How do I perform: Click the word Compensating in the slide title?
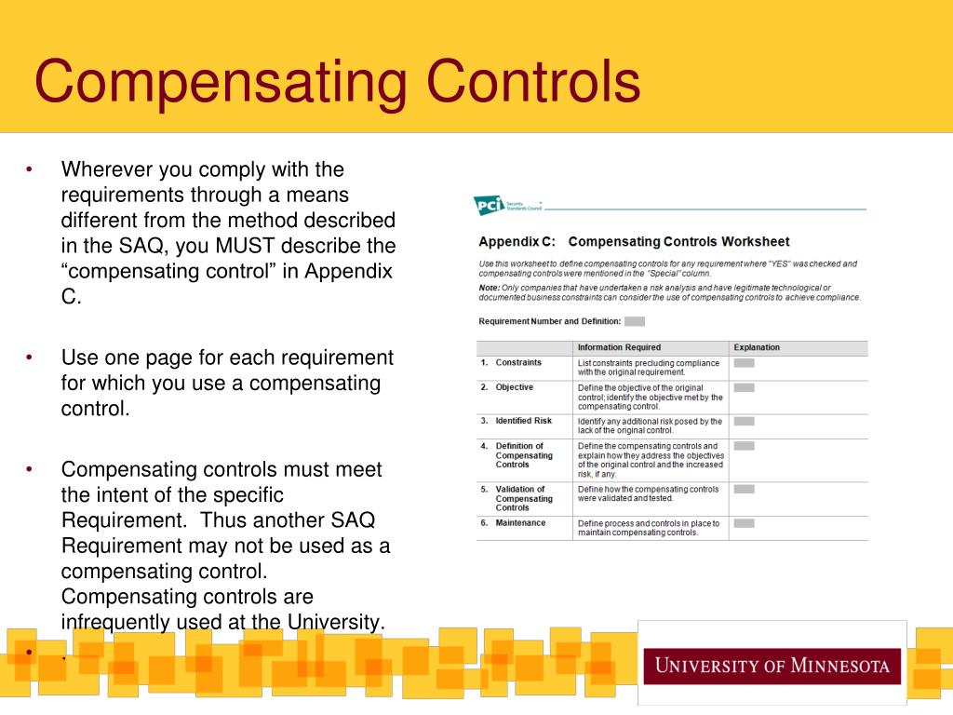coord(221,82)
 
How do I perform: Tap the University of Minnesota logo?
coord(772,666)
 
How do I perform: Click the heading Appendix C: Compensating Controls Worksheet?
coord(634,241)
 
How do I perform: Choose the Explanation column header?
coord(757,347)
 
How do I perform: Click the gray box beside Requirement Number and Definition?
coord(635,321)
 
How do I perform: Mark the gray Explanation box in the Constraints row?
coord(744,363)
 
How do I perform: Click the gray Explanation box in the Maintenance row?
coord(744,523)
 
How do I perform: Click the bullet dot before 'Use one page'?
coord(30,357)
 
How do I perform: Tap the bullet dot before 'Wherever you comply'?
coord(30,169)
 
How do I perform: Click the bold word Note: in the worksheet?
coord(490,288)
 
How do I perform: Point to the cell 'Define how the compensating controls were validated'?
coord(649,493)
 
